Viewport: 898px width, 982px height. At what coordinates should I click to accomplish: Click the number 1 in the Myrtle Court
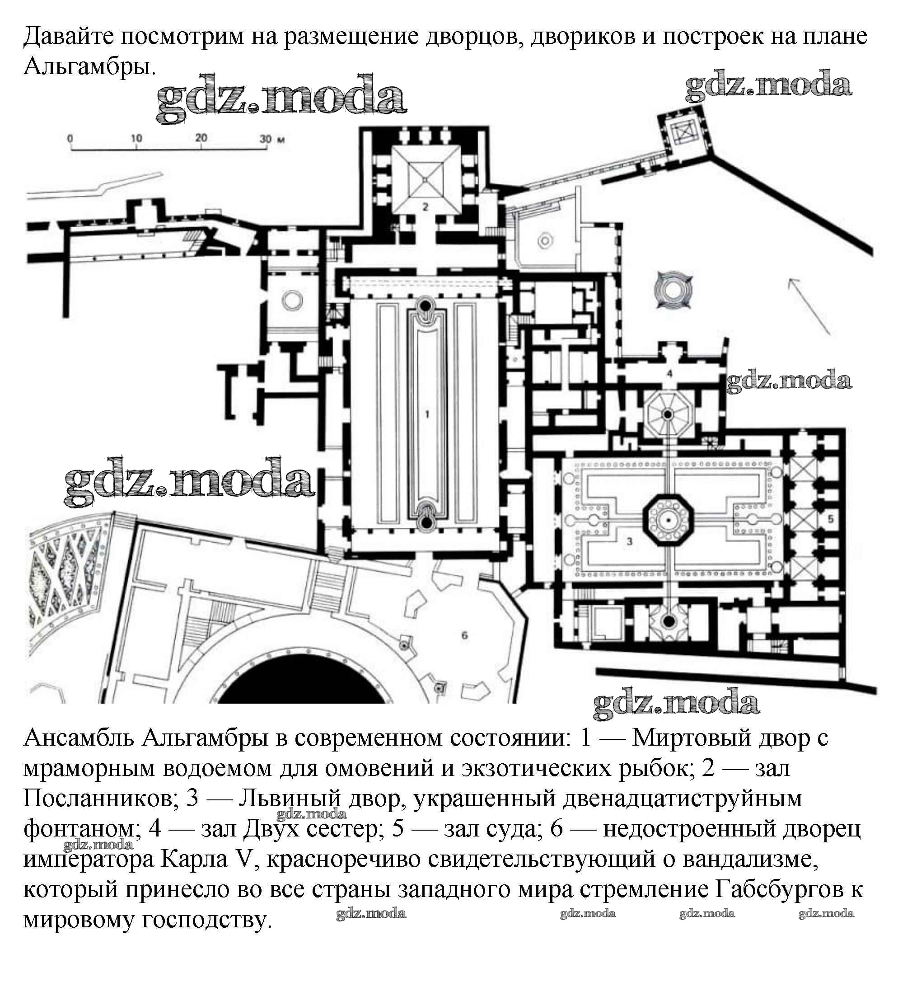[x=427, y=414]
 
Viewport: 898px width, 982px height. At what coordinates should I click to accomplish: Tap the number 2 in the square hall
[x=425, y=207]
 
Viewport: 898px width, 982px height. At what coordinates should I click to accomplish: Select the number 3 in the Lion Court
[x=629, y=541]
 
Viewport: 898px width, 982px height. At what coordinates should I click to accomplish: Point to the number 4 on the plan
[x=669, y=374]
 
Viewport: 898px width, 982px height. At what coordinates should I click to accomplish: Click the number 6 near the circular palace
[x=464, y=635]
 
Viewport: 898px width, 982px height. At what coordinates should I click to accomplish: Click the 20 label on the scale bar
[x=201, y=138]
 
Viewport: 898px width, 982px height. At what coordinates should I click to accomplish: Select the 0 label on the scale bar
[x=70, y=138]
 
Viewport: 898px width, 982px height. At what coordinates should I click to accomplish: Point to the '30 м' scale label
[x=272, y=139]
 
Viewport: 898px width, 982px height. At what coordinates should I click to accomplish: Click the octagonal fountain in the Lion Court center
[x=668, y=521]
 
